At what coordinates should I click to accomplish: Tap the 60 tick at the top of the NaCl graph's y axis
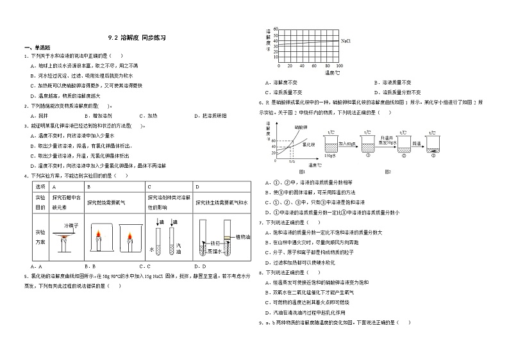click(275, 29)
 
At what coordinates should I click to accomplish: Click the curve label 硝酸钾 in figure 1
click(301, 127)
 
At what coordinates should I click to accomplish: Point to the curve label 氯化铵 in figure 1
click(308, 145)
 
